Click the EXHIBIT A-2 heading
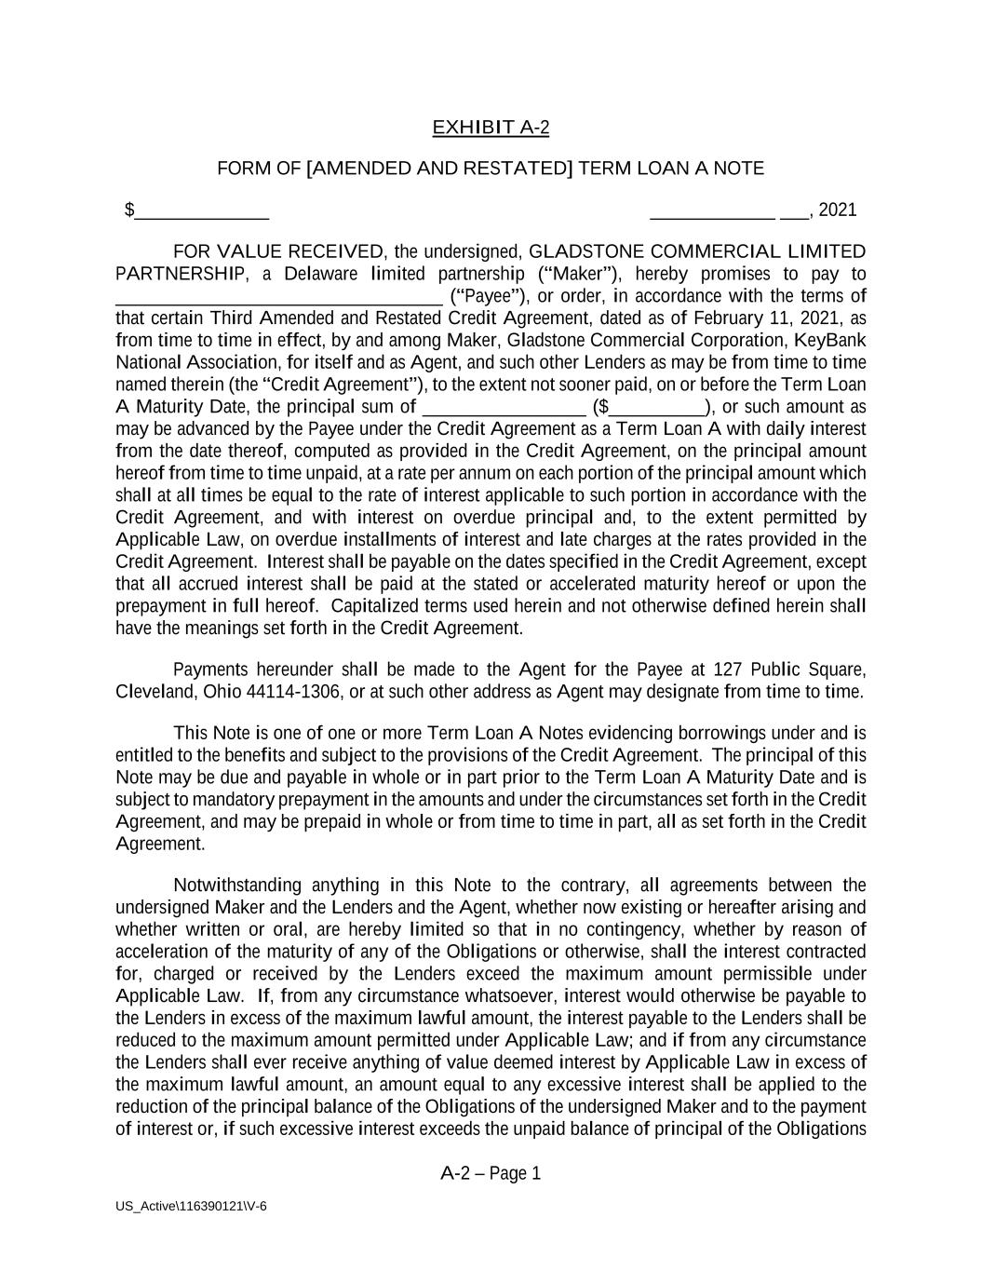click(491, 128)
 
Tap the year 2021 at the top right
click(838, 210)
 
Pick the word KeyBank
click(830, 341)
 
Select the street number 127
click(727, 670)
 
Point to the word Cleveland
click(152, 693)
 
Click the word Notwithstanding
click(237, 886)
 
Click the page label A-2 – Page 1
click(491, 1174)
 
